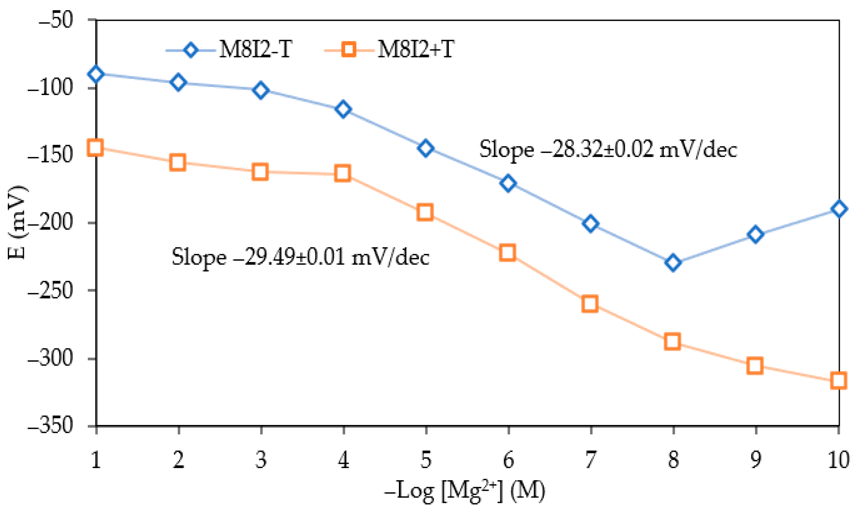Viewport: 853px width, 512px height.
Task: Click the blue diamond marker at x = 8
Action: pos(672,262)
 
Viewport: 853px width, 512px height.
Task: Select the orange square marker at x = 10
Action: pos(838,380)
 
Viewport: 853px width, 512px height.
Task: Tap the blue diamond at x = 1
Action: pos(96,74)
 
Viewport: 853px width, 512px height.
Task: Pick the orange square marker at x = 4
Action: pos(342,173)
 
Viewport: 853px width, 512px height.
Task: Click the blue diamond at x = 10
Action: pos(839,209)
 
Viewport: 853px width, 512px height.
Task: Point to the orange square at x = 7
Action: pos(590,303)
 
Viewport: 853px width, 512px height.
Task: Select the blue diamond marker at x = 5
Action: pos(425,148)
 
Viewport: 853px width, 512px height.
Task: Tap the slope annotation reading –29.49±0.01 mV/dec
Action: pos(300,257)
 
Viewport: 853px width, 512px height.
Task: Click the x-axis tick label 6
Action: pos(508,460)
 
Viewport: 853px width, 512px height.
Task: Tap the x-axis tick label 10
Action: pos(838,460)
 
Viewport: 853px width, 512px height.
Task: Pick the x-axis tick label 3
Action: pos(261,460)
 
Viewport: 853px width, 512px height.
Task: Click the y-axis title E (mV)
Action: pos(17,223)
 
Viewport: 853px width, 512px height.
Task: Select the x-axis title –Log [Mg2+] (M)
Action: pos(465,491)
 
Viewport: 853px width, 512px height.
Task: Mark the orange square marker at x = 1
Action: pos(95,147)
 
